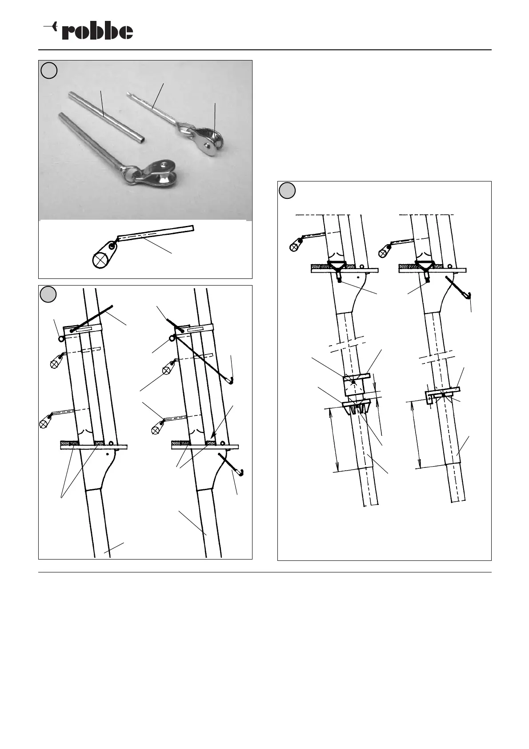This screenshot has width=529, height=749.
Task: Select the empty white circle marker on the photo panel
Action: coord(49,70)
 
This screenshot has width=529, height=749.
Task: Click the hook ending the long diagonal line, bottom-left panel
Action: coord(231,380)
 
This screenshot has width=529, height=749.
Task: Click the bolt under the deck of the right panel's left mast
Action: coord(340,280)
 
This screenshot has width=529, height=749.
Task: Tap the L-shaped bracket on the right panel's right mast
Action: coord(429,397)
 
